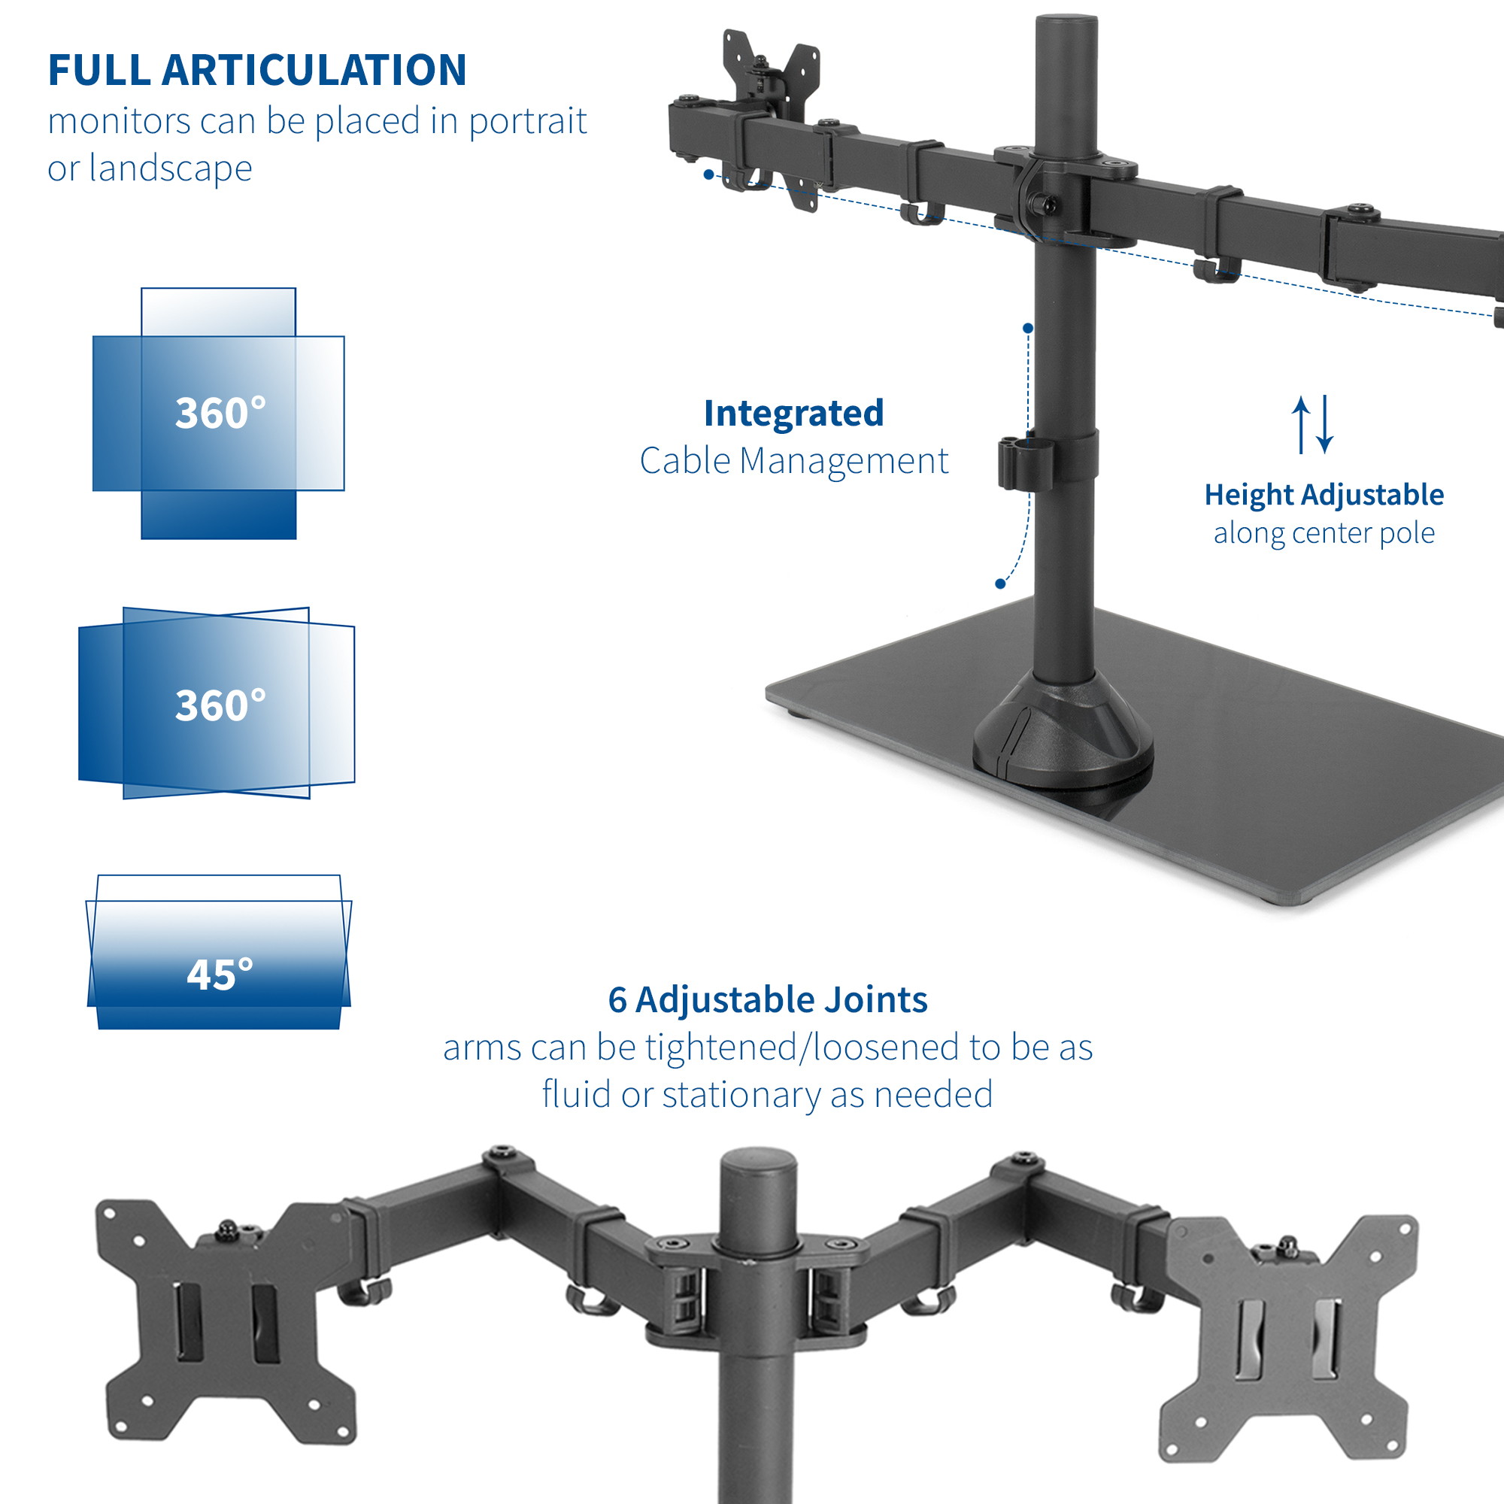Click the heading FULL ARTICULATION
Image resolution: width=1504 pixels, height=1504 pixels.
[x=257, y=70]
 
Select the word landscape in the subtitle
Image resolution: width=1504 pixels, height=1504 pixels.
[x=171, y=168]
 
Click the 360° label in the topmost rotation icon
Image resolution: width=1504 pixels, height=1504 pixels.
[x=220, y=413]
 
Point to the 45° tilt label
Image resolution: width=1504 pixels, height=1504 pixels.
[x=220, y=975]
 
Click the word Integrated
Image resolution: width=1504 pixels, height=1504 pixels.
[x=793, y=414]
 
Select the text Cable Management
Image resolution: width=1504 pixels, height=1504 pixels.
[x=794, y=461]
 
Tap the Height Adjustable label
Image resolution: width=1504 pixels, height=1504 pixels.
[x=1324, y=495]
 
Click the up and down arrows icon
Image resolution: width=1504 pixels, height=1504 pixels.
[x=1312, y=425]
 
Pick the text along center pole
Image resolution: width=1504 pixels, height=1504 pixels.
[x=1324, y=533]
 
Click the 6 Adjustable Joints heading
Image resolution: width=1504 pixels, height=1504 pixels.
[x=768, y=1000]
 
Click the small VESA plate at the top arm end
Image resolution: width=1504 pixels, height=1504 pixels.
[x=771, y=117]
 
